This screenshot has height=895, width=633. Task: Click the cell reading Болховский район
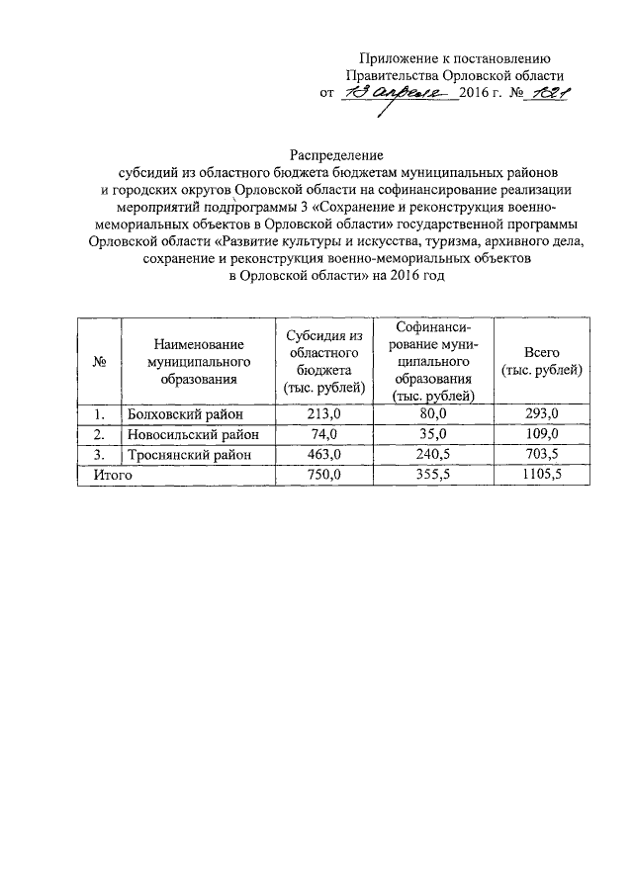click(x=183, y=413)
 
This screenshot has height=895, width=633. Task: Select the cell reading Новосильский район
click(x=191, y=434)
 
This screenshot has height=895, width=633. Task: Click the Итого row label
click(x=112, y=476)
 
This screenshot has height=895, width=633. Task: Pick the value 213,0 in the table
click(x=323, y=413)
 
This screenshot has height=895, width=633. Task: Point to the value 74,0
click(x=323, y=434)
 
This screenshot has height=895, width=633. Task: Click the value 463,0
click(x=323, y=455)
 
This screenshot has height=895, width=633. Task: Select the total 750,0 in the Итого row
click(x=323, y=476)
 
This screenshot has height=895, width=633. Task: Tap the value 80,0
click(x=432, y=413)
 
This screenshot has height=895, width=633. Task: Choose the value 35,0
click(x=432, y=434)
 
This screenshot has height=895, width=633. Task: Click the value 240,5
click(x=432, y=455)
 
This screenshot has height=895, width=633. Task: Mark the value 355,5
click(x=432, y=476)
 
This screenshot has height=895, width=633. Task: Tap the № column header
click(x=99, y=361)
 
